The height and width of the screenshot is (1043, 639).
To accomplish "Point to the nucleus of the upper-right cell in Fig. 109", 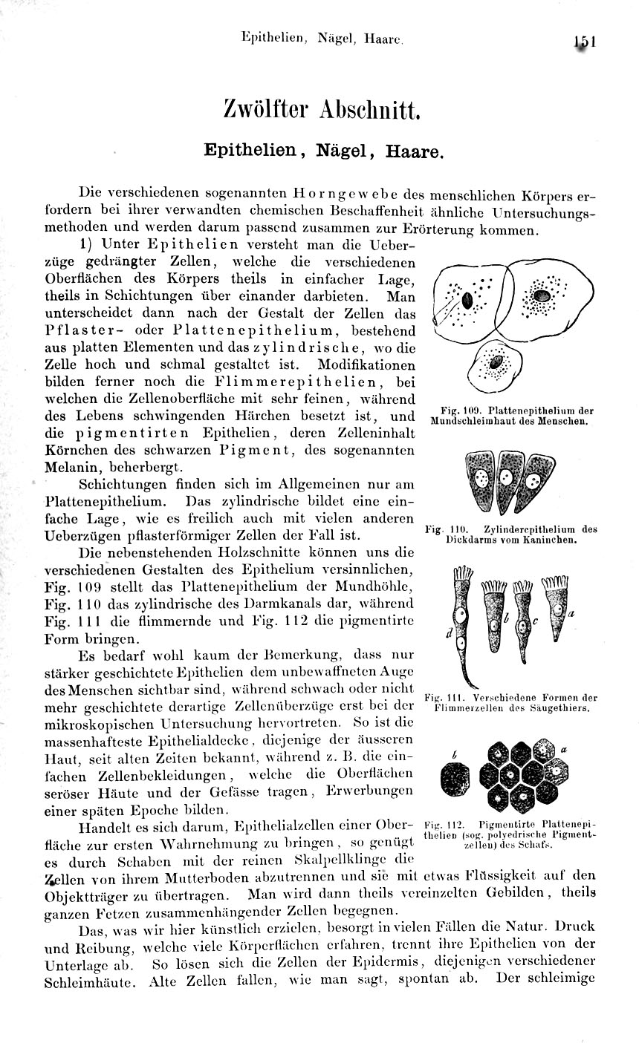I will click(x=545, y=295).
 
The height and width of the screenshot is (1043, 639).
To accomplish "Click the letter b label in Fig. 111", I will click(x=505, y=618).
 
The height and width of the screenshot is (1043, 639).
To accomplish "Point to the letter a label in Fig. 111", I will click(x=572, y=615).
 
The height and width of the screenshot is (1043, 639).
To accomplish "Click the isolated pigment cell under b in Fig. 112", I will click(x=454, y=781).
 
